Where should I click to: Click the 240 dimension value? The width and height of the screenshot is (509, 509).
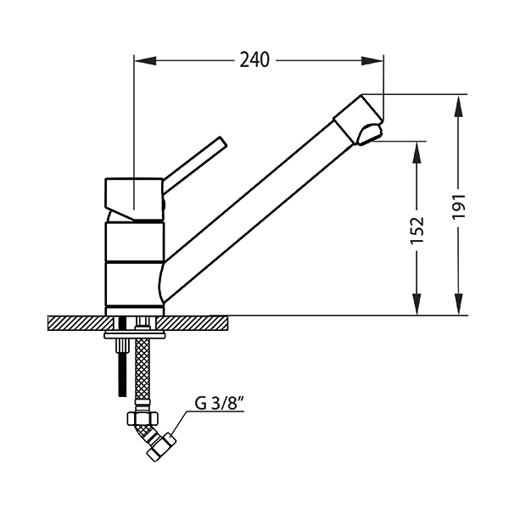[255, 60]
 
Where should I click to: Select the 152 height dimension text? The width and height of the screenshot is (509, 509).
[417, 230]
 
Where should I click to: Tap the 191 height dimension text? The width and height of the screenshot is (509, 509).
[459, 206]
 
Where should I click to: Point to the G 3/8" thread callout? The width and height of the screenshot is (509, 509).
[219, 404]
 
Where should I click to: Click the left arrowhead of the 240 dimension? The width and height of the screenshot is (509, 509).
[145, 60]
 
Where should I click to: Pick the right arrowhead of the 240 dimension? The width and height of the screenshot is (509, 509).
[372, 60]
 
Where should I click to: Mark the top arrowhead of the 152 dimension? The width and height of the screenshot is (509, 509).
[417, 152]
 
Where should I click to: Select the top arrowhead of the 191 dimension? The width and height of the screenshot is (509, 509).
[459, 105]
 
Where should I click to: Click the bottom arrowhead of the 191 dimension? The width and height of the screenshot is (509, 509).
[459, 305]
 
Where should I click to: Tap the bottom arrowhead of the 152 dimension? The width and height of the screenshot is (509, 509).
[417, 305]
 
